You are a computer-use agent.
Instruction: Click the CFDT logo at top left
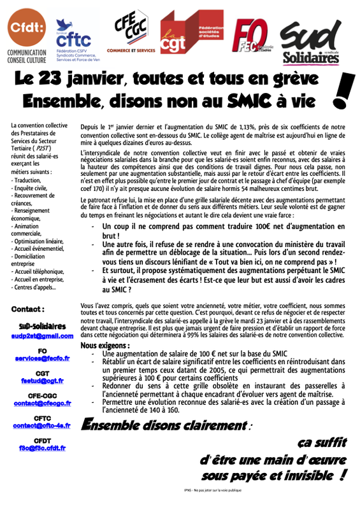click(26, 34)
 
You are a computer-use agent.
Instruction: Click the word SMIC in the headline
click(243, 101)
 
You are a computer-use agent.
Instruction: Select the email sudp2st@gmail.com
click(42, 335)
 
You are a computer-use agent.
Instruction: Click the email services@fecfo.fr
click(42, 358)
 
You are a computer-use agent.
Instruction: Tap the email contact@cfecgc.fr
click(42, 403)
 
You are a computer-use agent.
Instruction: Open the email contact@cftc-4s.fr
click(42, 425)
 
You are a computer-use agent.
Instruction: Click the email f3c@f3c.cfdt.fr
click(42, 448)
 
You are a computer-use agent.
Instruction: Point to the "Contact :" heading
click(28, 309)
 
